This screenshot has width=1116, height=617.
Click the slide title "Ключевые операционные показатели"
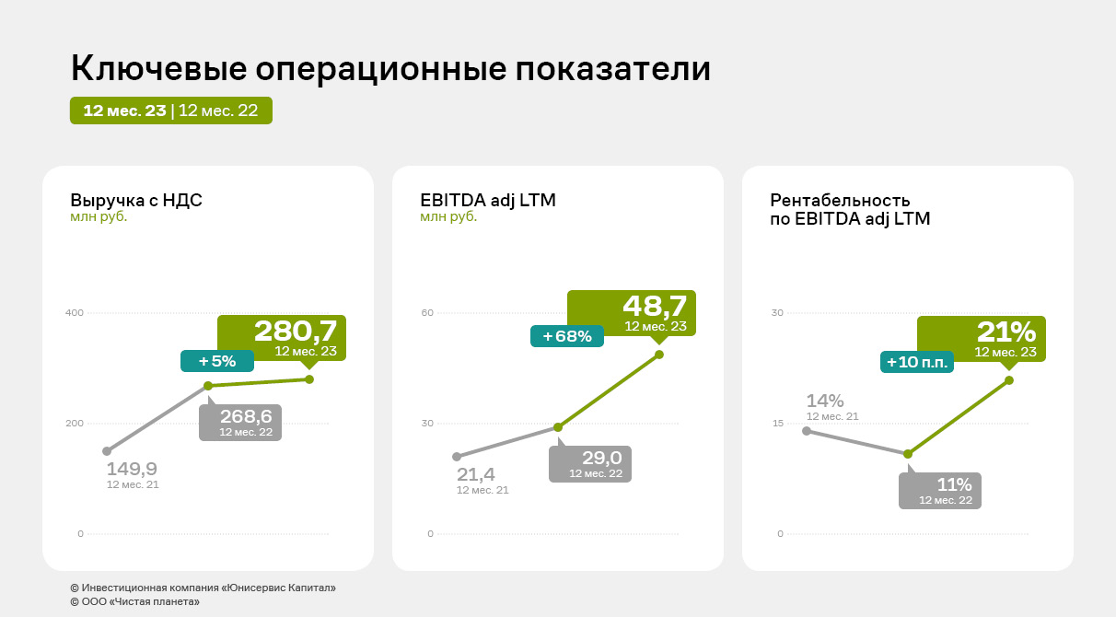[390, 70]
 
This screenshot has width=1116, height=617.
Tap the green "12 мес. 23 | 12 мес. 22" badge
[171, 111]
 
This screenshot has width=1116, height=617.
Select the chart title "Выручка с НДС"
[136, 200]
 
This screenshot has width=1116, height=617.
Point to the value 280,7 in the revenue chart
[295, 331]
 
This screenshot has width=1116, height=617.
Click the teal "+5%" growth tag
[217, 361]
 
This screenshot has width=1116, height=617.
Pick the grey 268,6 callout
[240, 422]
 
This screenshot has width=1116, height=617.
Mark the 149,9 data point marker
[107, 451]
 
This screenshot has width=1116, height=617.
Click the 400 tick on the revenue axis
[75, 313]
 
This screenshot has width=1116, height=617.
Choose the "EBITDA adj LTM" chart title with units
[488, 207]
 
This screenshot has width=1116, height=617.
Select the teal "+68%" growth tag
[567, 336]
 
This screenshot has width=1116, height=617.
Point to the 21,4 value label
[476, 475]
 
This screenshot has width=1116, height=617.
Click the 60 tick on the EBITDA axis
[427, 313]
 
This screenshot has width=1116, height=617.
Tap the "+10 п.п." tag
[916, 363]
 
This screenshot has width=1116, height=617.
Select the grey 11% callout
[940, 490]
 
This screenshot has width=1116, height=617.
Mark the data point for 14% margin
[807, 431]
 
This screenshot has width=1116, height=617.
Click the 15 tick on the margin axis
[777, 424]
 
